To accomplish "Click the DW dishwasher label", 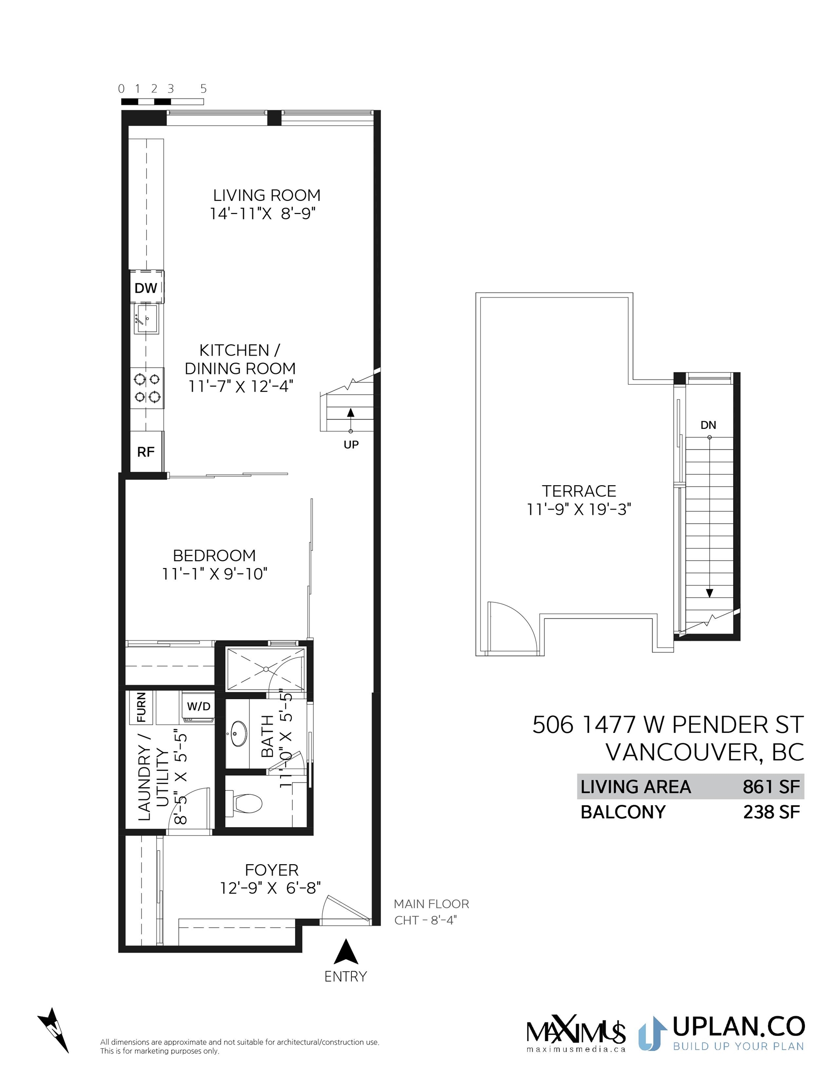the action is [x=145, y=288].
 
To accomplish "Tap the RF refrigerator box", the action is [x=146, y=451].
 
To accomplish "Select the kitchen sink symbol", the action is [x=146, y=318].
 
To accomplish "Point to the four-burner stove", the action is [x=147, y=388].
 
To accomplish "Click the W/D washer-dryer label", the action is [x=198, y=707].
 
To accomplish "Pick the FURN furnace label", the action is [x=142, y=708].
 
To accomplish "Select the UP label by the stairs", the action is [x=351, y=444].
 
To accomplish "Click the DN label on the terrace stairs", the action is [x=708, y=425].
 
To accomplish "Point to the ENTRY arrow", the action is [x=346, y=952].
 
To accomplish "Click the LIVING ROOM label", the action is [x=267, y=195].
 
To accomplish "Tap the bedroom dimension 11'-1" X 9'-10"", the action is [x=215, y=574].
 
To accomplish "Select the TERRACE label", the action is [x=579, y=491].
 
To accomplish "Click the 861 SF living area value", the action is [x=771, y=787].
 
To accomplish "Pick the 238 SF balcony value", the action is [x=772, y=812].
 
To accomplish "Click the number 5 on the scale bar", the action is [x=204, y=89].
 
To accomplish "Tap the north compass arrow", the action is [x=53, y=1030].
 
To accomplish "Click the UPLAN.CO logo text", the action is [x=738, y=1027].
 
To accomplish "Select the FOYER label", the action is [x=272, y=870].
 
